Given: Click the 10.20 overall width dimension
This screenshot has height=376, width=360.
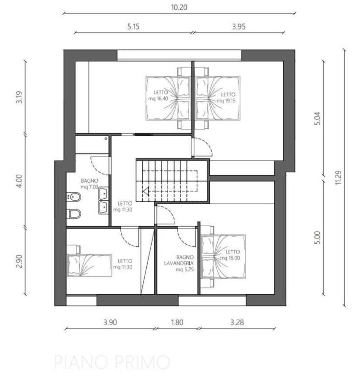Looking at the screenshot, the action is click(179, 7).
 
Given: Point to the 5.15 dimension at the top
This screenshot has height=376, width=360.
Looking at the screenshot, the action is click(133, 26).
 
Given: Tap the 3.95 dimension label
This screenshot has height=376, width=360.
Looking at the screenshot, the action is click(239, 26).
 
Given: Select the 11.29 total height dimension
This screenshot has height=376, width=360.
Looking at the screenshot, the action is click(338, 177).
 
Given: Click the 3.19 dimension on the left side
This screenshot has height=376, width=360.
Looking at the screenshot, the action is click(19, 97).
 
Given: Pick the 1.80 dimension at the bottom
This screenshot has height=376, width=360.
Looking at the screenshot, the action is click(177, 322).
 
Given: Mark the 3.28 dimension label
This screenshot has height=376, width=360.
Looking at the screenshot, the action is click(237, 322).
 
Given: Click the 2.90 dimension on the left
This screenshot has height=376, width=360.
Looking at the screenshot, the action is click(19, 261).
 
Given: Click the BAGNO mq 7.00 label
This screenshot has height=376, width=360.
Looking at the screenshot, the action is click(90, 184).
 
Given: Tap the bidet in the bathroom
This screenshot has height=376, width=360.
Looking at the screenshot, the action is click(73, 197).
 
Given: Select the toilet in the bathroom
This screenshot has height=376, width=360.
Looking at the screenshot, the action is click(73, 213).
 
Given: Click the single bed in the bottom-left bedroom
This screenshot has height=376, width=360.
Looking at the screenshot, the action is click(89, 265).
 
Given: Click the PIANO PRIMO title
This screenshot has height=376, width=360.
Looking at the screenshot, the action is click(112, 362).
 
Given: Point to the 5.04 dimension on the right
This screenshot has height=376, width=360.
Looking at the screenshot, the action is click(317, 118).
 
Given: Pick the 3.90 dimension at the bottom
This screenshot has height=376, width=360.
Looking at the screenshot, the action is click(110, 322).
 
